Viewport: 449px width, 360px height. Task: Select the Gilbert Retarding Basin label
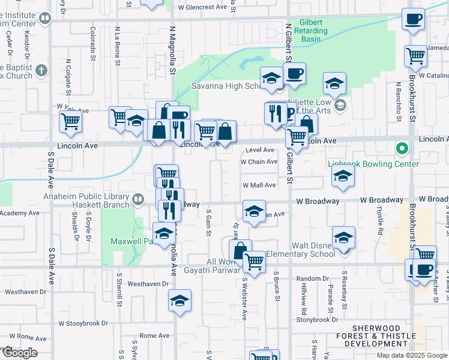pos(308,31)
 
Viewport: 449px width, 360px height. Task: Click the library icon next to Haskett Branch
pos(139,198)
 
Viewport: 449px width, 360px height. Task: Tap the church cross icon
pos(41,71)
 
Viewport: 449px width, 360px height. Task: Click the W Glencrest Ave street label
pos(202,7)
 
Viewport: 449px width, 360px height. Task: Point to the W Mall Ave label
pos(259,185)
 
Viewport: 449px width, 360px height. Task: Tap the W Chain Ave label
pos(259,161)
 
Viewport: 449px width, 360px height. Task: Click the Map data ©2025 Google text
pos(411,355)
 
